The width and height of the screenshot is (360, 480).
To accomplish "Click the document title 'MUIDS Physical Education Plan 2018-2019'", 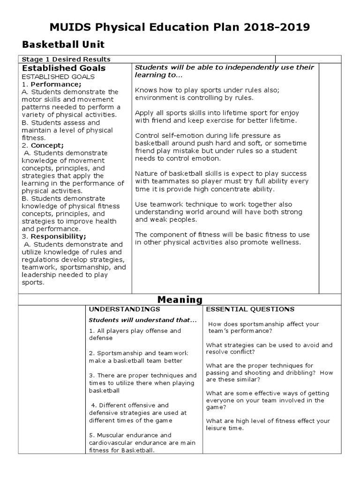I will click(x=180, y=27).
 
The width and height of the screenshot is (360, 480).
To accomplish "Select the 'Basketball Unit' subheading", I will click(x=64, y=45).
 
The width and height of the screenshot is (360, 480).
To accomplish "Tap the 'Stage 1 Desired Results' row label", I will click(x=66, y=59).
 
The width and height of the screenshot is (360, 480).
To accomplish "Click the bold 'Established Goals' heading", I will click(x=64, y=68).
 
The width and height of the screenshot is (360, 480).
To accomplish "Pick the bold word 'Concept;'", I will click(x=47, y=145).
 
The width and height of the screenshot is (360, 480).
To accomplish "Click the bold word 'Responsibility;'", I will click(x=58, y=237).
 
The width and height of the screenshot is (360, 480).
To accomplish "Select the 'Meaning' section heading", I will click(x=180, y=300).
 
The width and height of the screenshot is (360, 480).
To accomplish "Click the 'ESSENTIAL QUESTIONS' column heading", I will click(x=250, y=309).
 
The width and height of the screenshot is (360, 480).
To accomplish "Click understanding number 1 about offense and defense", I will click(x=135, y=334).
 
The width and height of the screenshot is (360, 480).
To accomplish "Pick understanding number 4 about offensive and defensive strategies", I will click(x=138, y=412).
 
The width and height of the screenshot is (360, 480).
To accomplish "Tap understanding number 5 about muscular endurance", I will click(x=142, y=442).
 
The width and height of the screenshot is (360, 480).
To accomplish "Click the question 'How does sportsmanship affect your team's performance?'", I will click(x=263, y=327).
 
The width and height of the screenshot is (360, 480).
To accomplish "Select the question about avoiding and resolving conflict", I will click(x=269, y=348).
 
